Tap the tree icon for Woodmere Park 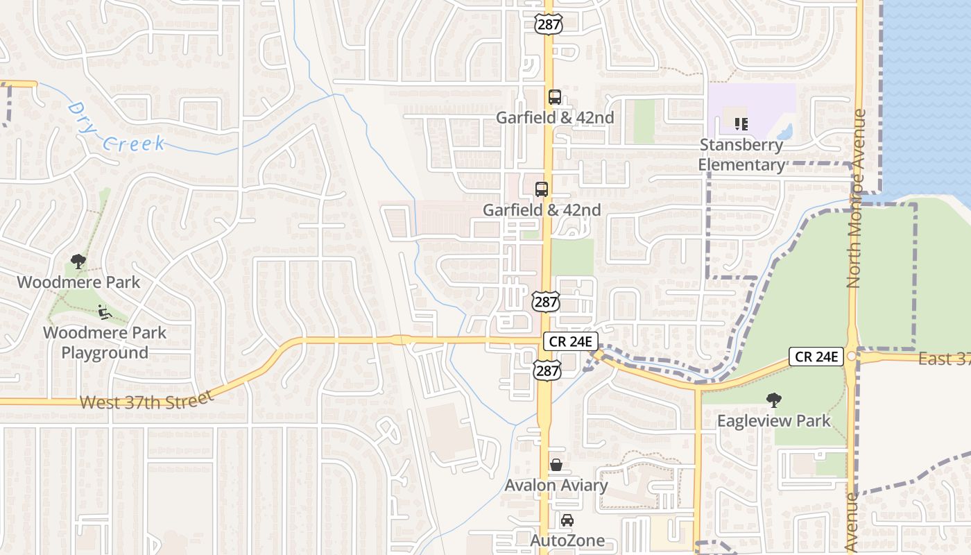point(78,262)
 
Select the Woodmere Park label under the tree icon point(78,282)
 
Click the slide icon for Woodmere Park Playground point(105,312)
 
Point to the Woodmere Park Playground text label point(105,342)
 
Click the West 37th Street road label point(146,400)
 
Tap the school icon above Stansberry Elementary point(741,123)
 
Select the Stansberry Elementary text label point(741,155)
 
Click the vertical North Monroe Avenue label point(854,198)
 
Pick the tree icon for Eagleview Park point(773,400)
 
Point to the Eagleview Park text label point(773,420)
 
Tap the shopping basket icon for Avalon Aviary point(556,465)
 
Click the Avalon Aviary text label point(556,485)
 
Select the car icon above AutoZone point(567,520)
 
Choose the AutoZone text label point(567,540)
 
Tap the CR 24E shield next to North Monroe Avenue point(816,357)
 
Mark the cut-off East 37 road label point(944,359)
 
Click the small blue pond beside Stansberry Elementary point(785,131)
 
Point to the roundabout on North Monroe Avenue point(852,356)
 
